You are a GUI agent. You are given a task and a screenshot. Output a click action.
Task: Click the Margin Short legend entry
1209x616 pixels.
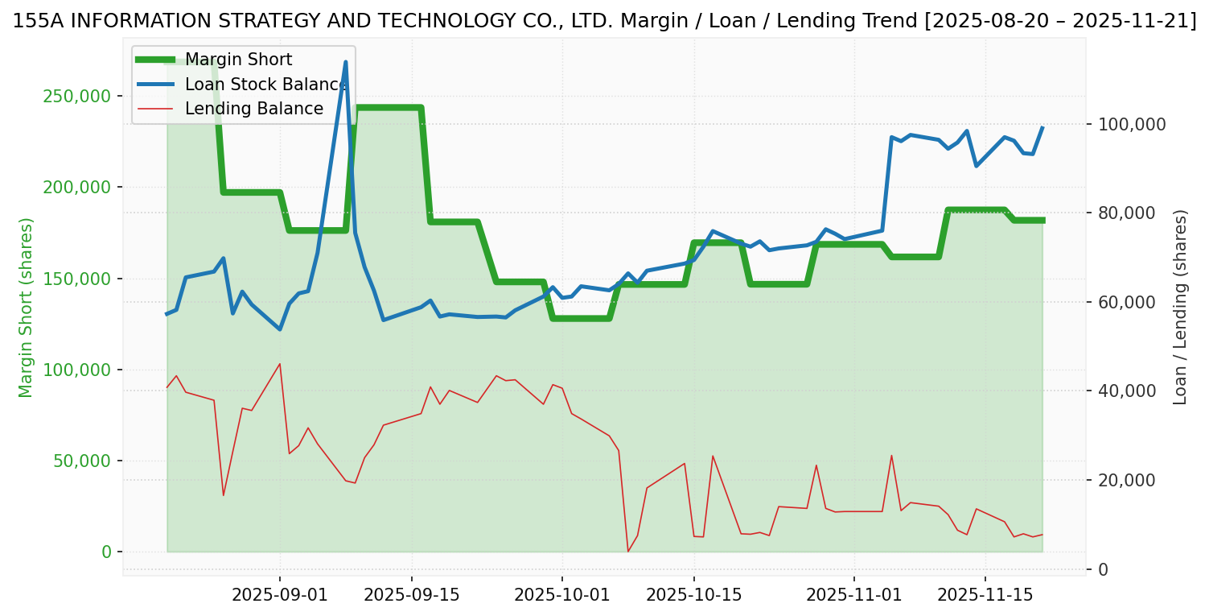coord(238,60)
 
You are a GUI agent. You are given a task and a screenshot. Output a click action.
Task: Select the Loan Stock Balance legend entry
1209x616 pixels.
coord(266,85)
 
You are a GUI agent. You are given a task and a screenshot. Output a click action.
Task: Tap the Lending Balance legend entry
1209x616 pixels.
coord(254,109)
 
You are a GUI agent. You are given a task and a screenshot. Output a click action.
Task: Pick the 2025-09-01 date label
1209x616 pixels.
coord(280,595)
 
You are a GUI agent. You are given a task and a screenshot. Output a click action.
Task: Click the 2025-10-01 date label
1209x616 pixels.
coord(562,595)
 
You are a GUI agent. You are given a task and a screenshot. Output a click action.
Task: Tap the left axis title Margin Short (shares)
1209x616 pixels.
coord(27,308)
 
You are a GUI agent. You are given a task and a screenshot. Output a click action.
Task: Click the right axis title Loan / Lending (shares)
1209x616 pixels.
coord(1181,308)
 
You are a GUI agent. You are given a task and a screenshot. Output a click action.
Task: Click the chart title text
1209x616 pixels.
coord(604,21)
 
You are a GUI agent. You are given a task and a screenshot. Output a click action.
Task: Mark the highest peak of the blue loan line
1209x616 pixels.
coord(346,62)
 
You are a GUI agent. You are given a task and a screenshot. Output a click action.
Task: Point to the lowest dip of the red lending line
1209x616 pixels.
coord(628,551)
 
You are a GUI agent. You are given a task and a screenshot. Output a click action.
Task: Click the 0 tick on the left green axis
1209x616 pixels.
coord(106,552)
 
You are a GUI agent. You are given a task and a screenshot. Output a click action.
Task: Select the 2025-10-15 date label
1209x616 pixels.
coord(693,595)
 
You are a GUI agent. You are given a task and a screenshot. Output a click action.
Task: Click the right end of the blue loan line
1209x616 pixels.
coord(1042,127)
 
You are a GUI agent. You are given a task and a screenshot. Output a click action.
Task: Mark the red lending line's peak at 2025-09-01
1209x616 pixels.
coord(280,364)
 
